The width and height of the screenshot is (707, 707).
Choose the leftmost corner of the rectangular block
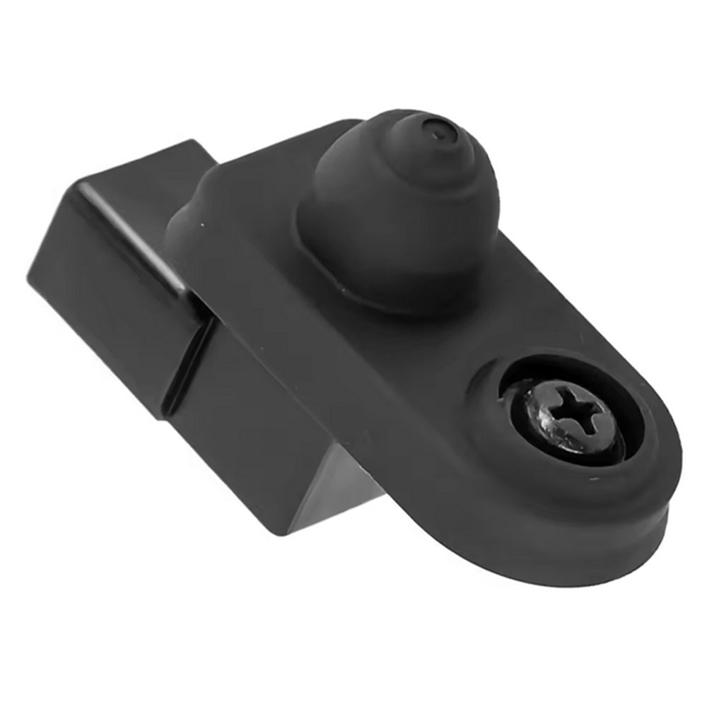point(30,276)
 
